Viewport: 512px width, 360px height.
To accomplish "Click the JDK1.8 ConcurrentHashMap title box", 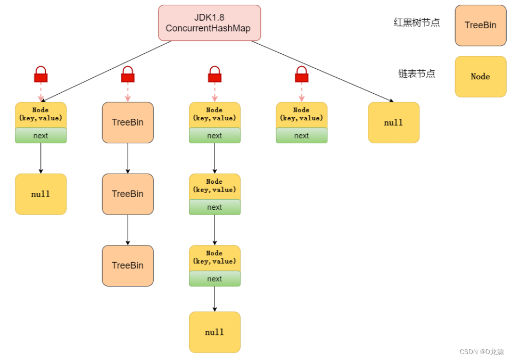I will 209,23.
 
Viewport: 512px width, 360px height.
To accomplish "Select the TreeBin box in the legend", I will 480,26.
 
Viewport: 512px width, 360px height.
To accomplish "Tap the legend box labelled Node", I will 480,77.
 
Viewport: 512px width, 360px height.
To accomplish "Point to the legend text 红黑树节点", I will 416,23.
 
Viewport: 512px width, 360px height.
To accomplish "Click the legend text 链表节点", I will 416,74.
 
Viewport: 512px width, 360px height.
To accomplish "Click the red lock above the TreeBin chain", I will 128,75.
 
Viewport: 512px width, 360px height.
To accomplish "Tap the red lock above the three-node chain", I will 214,75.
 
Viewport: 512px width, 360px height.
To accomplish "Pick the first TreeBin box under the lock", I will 128,122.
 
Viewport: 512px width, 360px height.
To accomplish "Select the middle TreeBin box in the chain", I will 128,194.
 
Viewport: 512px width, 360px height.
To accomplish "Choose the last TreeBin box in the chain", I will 128,265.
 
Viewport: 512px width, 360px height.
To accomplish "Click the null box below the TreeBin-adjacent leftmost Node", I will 40,194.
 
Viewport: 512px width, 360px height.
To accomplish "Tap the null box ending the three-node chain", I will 214,332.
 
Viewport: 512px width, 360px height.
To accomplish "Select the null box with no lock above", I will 393,123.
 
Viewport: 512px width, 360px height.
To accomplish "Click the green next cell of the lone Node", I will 301,136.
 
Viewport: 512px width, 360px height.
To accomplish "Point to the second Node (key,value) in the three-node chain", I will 214,186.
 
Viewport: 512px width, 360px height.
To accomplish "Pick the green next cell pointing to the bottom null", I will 214,279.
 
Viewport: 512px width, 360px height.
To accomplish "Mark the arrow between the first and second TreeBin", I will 128,158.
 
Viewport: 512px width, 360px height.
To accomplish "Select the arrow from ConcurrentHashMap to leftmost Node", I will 106,71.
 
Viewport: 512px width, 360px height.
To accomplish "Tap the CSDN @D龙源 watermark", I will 481,352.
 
